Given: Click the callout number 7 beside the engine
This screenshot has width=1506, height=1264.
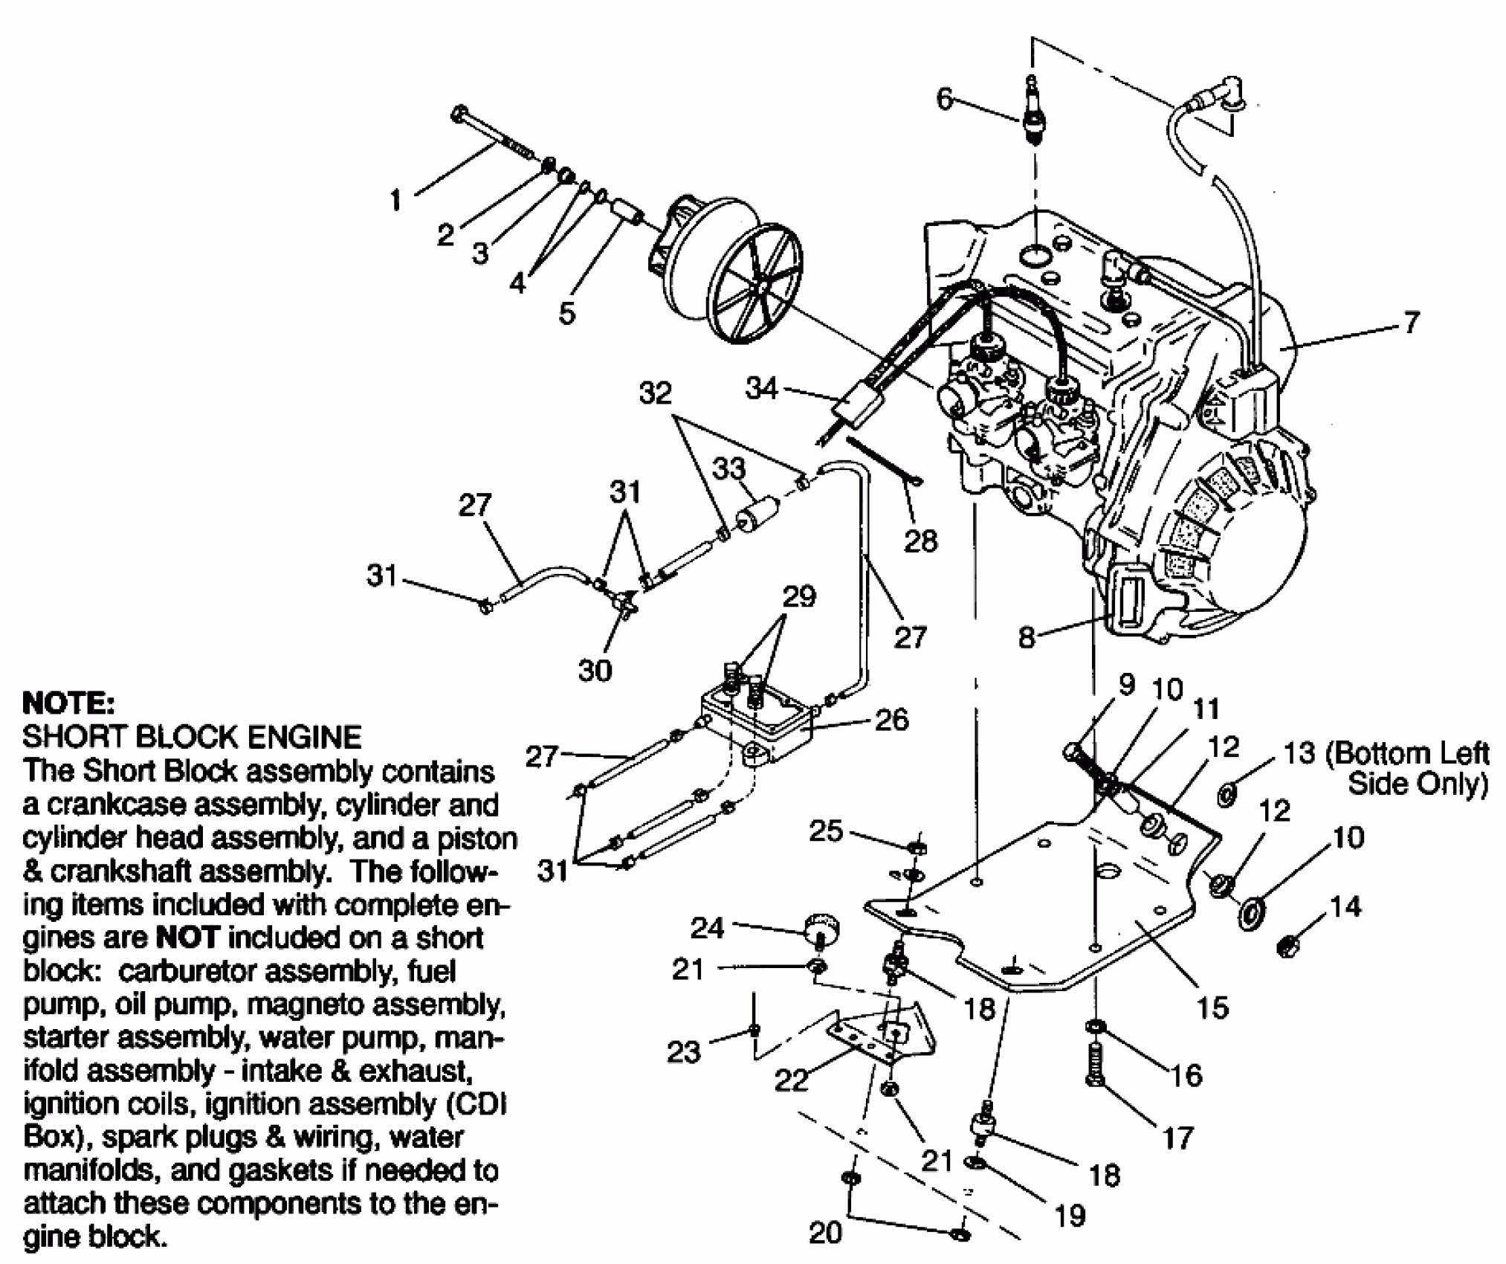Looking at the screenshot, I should [1410, 323].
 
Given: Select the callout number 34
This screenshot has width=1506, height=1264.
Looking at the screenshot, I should [761, 389].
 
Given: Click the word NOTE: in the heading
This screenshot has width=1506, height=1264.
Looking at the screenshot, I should [69, 703].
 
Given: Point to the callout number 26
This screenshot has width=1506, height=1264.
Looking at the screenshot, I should [891, 720].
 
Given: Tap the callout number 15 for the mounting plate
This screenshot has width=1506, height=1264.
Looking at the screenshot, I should [1212, 1007].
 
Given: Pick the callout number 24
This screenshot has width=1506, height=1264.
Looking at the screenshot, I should [707, 928].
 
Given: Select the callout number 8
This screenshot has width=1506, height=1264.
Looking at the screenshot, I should [1027, 637].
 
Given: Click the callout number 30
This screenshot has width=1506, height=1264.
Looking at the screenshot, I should [595, 671].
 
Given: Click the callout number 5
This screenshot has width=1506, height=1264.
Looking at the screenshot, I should [567, 313].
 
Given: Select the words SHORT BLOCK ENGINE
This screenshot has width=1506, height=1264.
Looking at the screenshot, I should [192, 737].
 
